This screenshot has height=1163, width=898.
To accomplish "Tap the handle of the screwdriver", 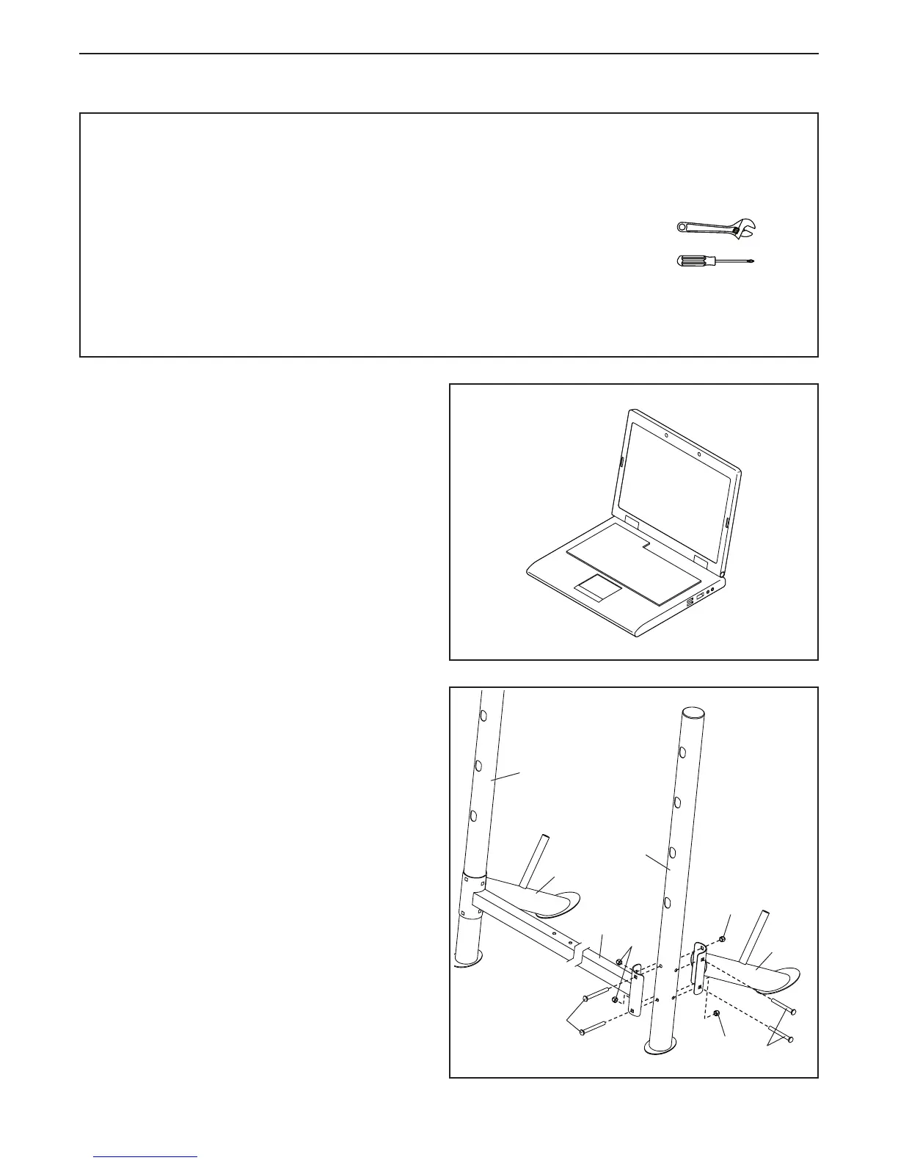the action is tap(694, 261).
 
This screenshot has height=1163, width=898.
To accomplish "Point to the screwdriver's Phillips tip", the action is tap(751, 261).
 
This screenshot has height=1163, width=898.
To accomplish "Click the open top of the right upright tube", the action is tap(693, 713).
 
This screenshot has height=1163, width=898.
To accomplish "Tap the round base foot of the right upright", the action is tap(659, 1047).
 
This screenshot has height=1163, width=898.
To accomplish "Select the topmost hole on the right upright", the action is tap(682, 752).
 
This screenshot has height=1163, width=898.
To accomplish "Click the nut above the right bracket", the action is tap(723, 939).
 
